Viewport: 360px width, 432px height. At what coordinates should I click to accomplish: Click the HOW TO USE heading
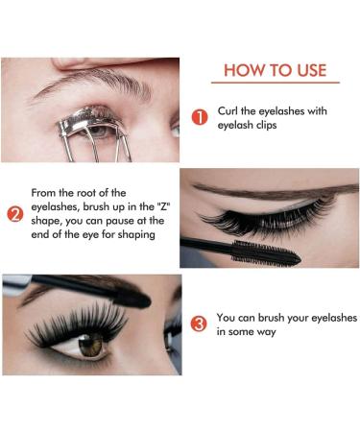(275, 70)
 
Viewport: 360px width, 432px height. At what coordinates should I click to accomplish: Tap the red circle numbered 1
(200, 118)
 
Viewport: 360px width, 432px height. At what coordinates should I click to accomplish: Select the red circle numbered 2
(14, 214)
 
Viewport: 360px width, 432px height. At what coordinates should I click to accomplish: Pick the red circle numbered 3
(199, 324)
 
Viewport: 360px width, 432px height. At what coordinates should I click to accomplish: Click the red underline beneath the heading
(275, 84)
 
